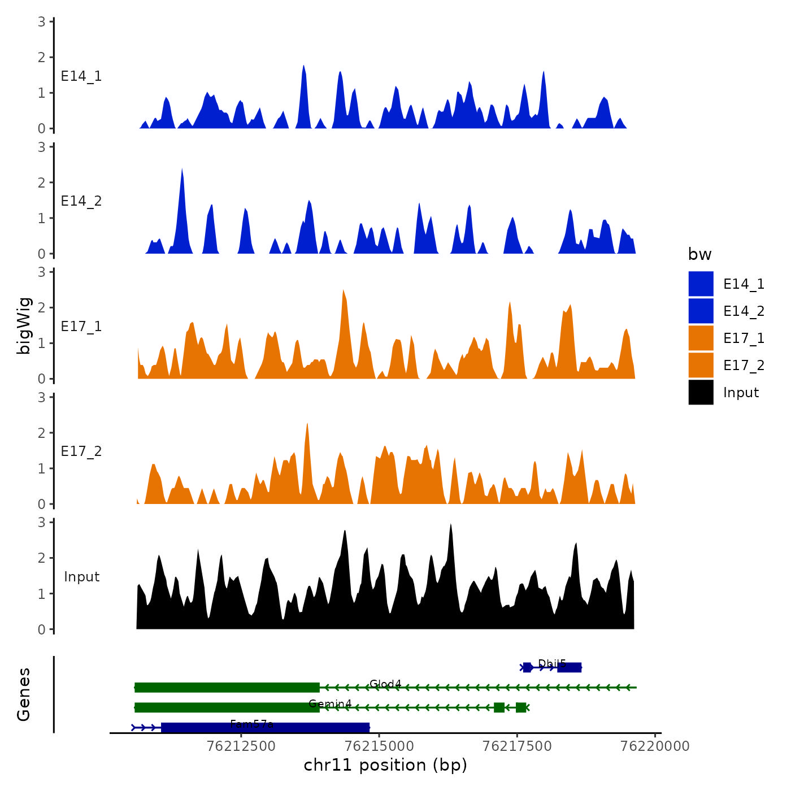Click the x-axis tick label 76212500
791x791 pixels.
[x=241, y=746]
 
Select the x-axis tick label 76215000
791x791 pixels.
[x=379, y=746]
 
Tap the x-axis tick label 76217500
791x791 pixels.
[x=517, y=746]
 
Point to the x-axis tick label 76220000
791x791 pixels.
[x=655, y=746]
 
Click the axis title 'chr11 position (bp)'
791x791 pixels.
[x=385, y=765]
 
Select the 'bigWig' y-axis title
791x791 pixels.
[x=24, y=325]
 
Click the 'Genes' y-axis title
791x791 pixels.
[x=24, y=694]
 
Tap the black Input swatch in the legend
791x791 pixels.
[x=701, y=392]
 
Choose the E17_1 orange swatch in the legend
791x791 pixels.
[x=701, y=338]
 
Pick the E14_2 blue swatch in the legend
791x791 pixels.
[x=701, y=311]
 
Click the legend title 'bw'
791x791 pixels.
[x=699, y=254]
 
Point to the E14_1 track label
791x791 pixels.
[x=81, y=76]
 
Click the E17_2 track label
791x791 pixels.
[x=81, y=451]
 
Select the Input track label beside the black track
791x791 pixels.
[x=81, y=577]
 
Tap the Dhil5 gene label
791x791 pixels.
[x=551, y=663]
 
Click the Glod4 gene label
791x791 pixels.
[x=385, y=684]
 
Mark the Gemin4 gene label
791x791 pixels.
[x=330, y=703]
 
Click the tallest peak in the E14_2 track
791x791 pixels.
[x=182, y=169]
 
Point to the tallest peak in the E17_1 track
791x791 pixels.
[x=344, y=291]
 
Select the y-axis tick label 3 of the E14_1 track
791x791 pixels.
[x=42, y=21]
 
